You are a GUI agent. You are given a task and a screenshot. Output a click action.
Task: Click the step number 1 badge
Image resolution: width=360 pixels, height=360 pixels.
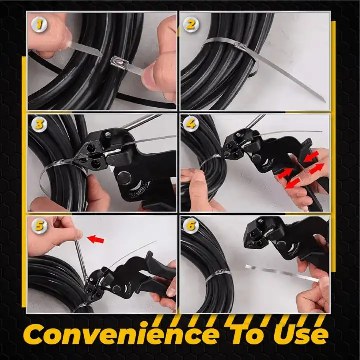click(x=39, y=24)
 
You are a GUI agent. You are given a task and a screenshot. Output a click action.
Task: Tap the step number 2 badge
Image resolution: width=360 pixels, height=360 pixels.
click(x=191, y=24)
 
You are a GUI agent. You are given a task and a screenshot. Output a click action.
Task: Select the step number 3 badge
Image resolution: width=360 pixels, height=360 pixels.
click(x=39, y=125)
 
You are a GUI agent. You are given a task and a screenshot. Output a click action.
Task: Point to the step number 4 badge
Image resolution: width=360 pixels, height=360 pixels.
click(x=191, y=124)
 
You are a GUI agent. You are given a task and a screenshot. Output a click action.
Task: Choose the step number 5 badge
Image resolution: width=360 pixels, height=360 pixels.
click(x=39, y=226)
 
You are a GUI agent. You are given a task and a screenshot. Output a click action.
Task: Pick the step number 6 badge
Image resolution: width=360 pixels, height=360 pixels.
click(x=191, y=226)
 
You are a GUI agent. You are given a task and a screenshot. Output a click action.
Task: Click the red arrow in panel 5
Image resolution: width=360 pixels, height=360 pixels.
click(x=96, y=239)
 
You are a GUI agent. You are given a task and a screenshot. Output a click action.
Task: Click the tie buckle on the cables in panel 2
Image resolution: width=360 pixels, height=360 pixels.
click(x=240, y=47)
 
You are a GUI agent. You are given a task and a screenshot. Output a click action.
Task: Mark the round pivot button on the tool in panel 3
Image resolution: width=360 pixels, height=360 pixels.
click(x=124, y=178)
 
